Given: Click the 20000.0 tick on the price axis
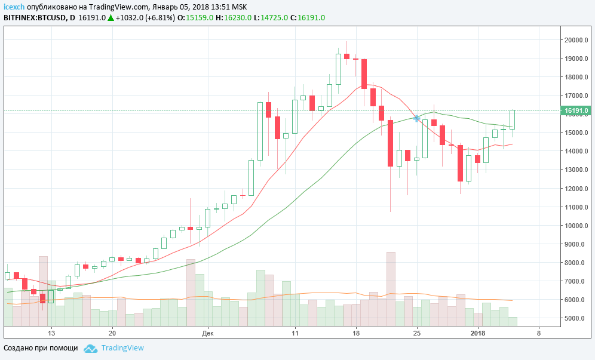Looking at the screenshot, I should (x=575, y=40).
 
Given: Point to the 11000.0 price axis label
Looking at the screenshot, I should (x=575, y=207).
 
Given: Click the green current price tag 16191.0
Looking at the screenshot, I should (x=576, y=110).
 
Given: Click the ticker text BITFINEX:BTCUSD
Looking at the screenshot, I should (x=35, y=17).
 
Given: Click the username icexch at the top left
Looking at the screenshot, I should (x=14, y=7).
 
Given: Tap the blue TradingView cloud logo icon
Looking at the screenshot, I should (x=90, y=348).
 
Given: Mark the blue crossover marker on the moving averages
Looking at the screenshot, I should (x=416, y=118).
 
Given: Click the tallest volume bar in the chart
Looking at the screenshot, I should (x=391, y=288).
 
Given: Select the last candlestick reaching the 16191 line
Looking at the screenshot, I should (x=512, y=119).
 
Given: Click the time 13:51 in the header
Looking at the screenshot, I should (x=221, y=7).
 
